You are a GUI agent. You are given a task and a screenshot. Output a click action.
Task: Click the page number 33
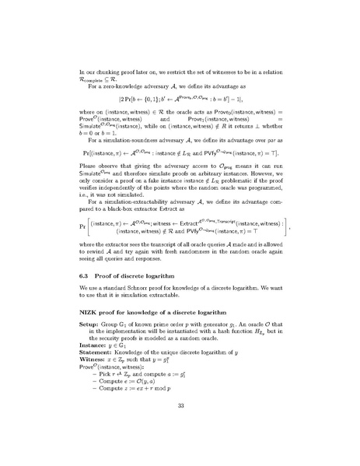pos(180,427)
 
